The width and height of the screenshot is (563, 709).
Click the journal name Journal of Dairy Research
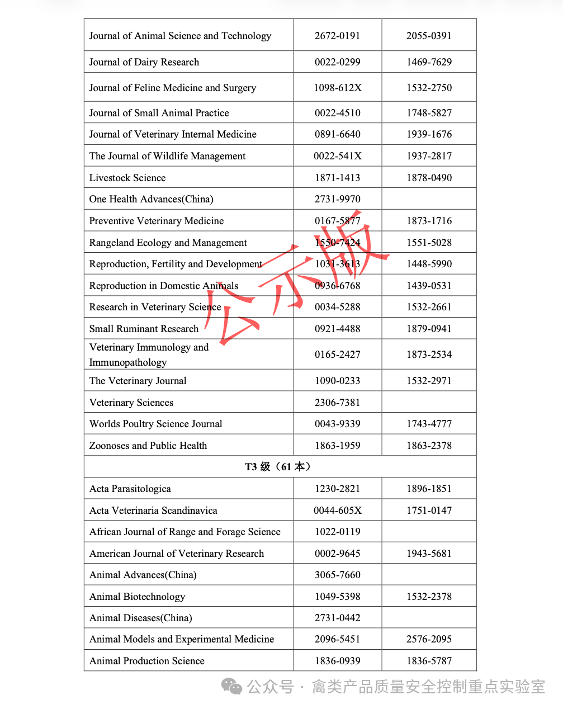pyautogui.click(x=144, y=62)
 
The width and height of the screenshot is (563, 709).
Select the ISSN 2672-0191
pyautogui.click(x=337, y=36)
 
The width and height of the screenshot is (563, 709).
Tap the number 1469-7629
pyautogui.click(x=429, y=62)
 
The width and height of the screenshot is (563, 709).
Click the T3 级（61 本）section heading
pyautogui.click(x=280, y=467)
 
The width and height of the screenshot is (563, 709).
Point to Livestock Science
pyautogui.click(x=127, y=178)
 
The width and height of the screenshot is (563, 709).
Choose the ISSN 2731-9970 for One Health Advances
pyautogui.click(x=337, y=199)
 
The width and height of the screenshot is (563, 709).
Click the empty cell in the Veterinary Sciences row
pyautogui.click(x=429, y=403)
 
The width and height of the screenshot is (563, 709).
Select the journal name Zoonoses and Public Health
pyautogui.click(x=148, y=446)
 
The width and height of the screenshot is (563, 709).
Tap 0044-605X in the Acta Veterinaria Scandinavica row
pyautogui.click(x=337, y=511)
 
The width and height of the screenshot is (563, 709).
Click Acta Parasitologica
pyautogui.click(x=130, y=489)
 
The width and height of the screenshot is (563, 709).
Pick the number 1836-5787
pyautogui.click(x=429, y=661)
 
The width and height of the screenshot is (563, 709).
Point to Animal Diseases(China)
pyautogui.click(x=141, y=618)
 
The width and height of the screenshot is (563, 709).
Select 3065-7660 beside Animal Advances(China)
pyautogui.click(x=337, y=575)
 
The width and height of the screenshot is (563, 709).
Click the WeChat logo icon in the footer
pyautogui.click(x=231, y=686)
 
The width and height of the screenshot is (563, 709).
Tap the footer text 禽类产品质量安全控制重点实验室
pyautogui.click(x=428, y=687)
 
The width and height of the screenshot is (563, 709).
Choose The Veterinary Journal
pyautogui.click(x=138, y=381)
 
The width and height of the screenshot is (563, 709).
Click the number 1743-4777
pyautogui.click(x=429, y=424)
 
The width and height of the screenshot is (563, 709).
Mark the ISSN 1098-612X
pyautogui.click(x=337, y=88)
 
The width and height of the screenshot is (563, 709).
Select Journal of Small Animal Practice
pyautogui.click(x=159, y=113)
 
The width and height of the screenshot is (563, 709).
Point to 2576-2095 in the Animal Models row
pyautogui.click(x=429, y=639)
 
